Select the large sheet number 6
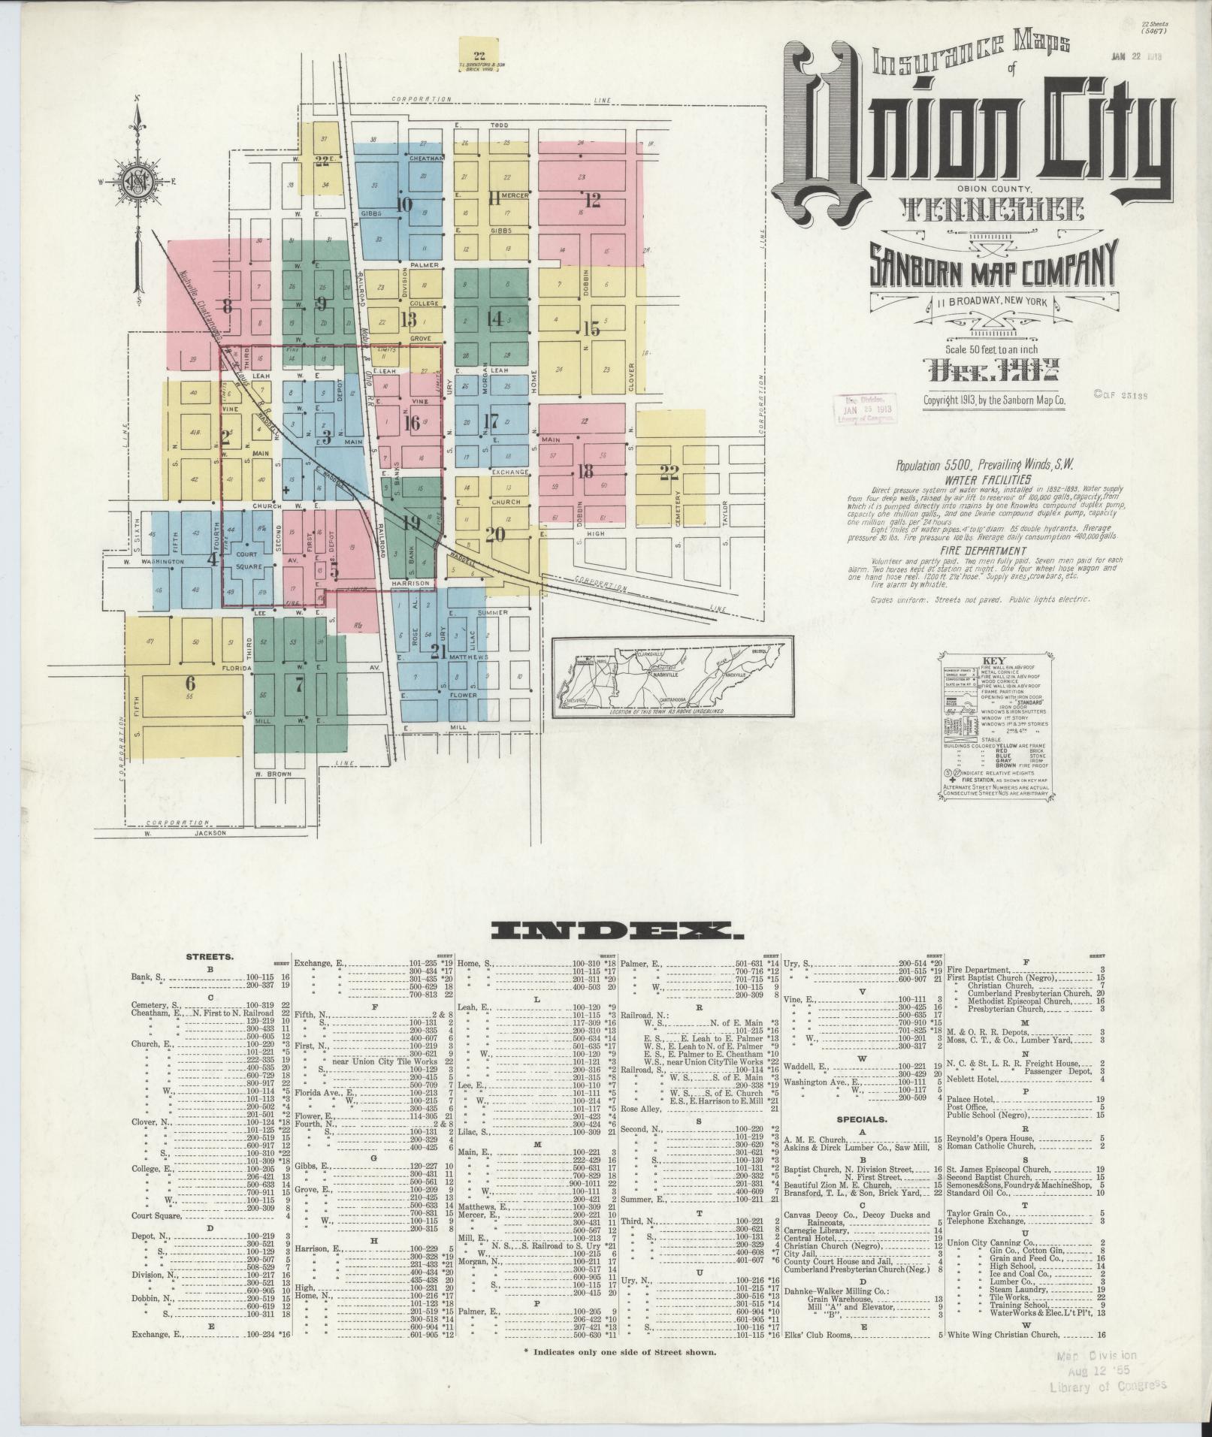pos(190,683)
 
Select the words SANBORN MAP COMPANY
pos(995,264)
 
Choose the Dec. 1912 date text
pos(995,370)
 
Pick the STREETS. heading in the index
pos(210,958)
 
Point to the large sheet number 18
pos(585,472)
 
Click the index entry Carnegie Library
pos(818,1230)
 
